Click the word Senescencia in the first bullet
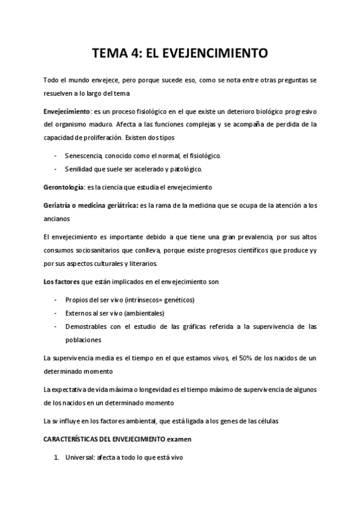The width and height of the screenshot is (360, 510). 83,156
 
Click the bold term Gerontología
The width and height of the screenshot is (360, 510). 65,186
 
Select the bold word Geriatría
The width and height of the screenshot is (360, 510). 59,205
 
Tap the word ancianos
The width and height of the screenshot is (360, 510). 57,218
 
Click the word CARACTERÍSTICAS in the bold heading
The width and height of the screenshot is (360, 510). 75,439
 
